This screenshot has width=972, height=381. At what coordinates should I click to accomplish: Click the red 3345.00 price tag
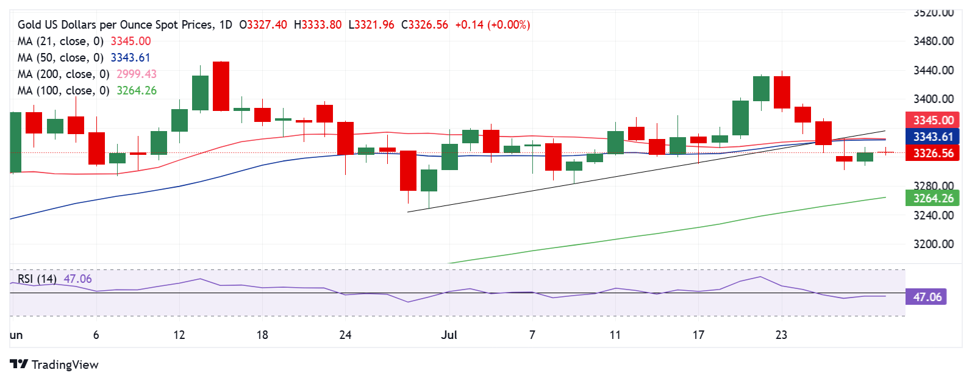933,120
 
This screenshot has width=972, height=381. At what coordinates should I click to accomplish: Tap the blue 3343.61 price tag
933,137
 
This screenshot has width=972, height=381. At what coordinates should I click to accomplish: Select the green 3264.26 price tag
933,198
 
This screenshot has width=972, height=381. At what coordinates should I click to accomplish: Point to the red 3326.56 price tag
933,153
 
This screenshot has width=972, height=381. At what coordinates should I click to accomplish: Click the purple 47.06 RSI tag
927,297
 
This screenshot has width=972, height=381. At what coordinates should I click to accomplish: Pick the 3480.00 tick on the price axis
933,41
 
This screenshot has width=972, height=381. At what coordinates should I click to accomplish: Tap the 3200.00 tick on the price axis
933,244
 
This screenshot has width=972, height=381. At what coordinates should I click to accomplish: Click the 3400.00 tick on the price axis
933,99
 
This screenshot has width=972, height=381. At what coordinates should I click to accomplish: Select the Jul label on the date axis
449,335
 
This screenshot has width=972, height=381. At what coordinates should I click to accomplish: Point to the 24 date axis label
345,335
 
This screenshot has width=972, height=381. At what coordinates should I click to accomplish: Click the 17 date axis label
698,335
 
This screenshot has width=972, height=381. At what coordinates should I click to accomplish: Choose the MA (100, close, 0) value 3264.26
137,90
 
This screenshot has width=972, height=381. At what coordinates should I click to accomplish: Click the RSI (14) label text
37,279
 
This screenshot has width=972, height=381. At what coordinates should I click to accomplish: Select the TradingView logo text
65,365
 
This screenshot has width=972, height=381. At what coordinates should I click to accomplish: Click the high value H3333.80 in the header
318,24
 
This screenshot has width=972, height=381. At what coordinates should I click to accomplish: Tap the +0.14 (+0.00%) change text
493,24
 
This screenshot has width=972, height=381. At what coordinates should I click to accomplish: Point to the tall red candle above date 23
782,92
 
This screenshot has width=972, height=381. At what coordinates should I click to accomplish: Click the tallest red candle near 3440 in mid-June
221,86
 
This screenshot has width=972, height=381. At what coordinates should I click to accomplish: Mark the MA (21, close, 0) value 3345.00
130,41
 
